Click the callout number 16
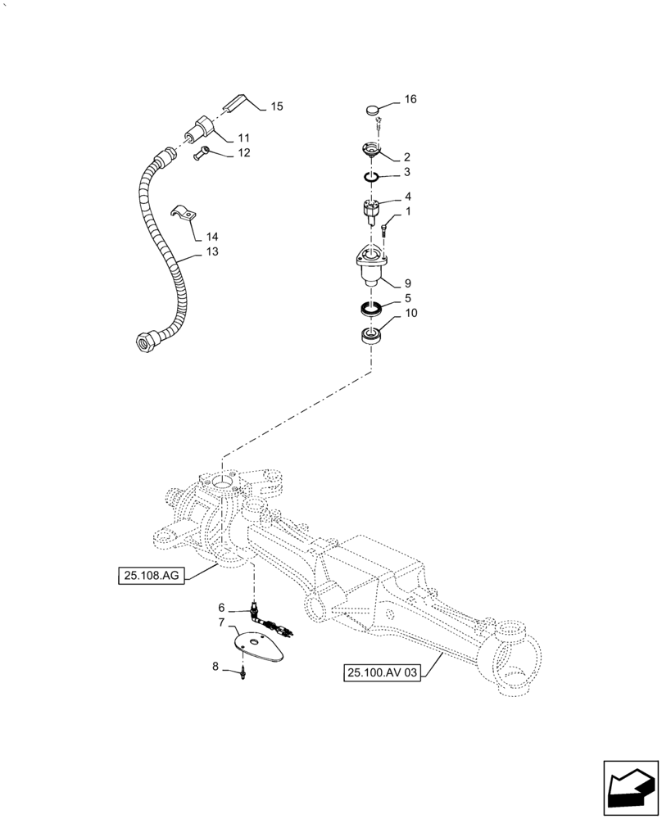[410, 99]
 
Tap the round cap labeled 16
[374, 109]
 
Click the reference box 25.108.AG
[152, 577]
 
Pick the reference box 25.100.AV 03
[383, 673]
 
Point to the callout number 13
[212, 252]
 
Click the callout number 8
[215, 667]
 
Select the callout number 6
[220, 608]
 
